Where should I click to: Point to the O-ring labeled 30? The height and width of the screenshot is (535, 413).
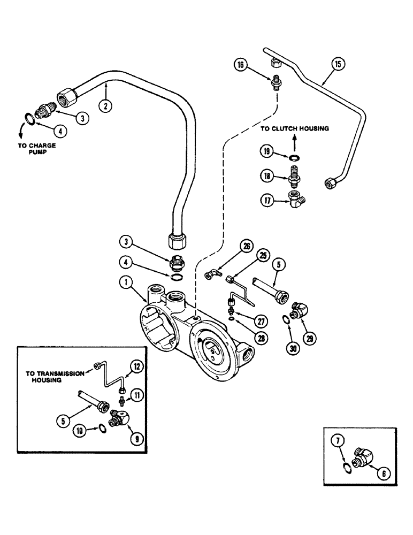[286, 320]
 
